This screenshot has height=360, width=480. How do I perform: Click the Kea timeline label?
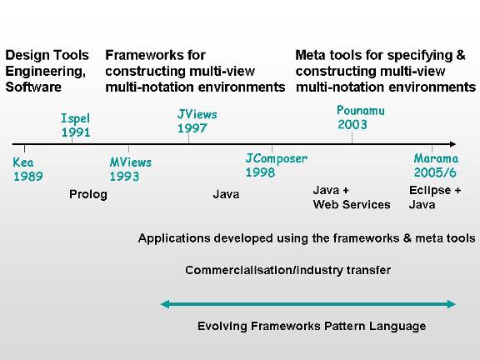23,162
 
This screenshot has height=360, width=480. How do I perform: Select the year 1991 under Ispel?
76,132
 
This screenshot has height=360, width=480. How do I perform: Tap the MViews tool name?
131,162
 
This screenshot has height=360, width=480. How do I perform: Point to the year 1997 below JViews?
192,128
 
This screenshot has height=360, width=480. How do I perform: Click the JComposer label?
277,158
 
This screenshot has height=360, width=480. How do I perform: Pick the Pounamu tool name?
361,111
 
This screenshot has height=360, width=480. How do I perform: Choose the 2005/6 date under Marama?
435,172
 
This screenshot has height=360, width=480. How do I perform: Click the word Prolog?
88,195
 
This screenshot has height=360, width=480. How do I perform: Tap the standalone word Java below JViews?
226,194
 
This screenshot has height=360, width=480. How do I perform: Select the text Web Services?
352,204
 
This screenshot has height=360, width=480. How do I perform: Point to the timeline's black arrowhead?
452,144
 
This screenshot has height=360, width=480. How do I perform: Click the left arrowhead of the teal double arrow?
165,304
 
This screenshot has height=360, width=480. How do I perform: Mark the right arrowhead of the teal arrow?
451,304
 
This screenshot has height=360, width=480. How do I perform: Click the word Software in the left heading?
33,87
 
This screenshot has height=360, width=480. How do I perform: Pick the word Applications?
174,238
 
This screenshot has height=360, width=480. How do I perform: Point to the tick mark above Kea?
24,148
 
